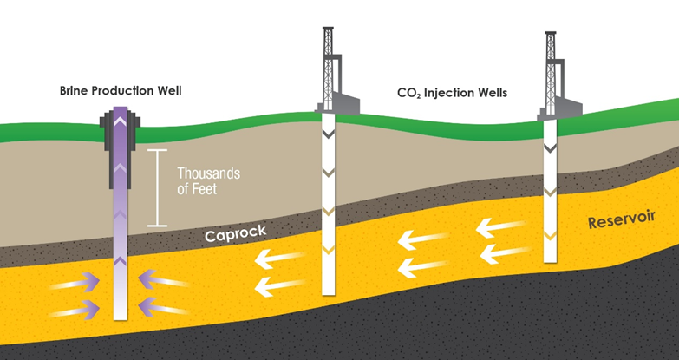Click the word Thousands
tap(209, 173)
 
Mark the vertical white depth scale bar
tap(157, 188)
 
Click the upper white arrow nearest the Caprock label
tap(280, 257)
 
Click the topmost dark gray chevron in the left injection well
tap(327, 134)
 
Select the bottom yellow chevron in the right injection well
tap(549, 235)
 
